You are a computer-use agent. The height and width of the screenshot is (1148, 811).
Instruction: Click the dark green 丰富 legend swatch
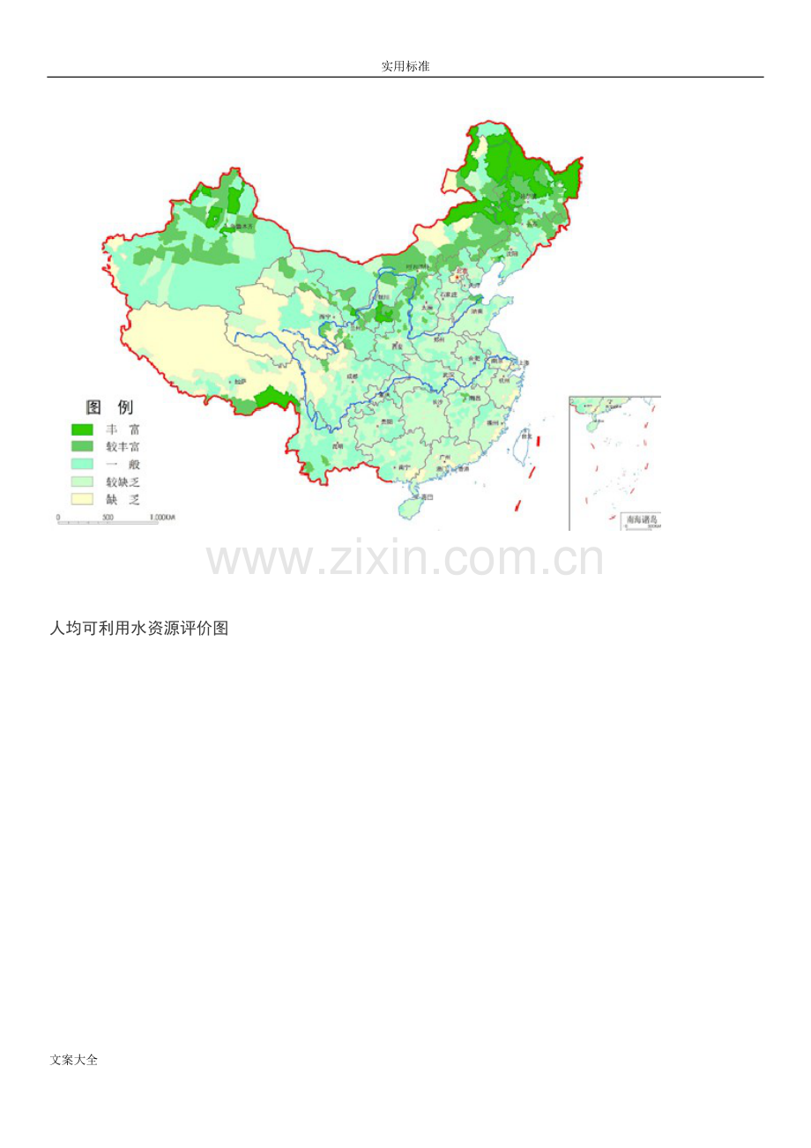click(x=82, y=429)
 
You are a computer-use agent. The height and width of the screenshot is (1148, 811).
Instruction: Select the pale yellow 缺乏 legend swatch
click(x=82, y=499)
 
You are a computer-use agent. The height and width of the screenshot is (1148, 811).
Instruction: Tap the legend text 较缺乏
click(x=123, y=482)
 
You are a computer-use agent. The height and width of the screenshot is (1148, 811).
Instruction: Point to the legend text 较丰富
click(x=123, y=447)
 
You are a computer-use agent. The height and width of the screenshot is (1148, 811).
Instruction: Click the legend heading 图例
click(x=108, y=407)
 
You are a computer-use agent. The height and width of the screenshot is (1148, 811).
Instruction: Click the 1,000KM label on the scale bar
click(x=162, y=517)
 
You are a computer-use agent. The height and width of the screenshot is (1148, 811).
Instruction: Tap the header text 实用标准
click(x=405, y=66)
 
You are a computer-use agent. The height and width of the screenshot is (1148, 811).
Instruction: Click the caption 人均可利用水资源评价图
click(x=139, y=628)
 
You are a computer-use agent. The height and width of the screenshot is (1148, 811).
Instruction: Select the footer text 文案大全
click(x=74, y=1060)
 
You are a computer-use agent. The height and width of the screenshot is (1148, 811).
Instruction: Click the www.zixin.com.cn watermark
click(x=405, y=559)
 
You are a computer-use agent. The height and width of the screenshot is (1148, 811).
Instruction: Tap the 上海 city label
click(x=524, y=362)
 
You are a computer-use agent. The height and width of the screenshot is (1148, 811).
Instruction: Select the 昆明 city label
click(x=337, y=446)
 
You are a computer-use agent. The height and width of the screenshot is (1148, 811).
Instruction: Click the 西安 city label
click(x=398, y=347)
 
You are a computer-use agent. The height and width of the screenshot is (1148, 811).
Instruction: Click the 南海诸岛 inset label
click(x=640, y=519)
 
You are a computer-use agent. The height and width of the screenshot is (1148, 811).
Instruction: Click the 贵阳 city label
click(x=386, y=421)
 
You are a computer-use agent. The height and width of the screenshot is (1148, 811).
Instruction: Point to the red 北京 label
click(x=460, y=272)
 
